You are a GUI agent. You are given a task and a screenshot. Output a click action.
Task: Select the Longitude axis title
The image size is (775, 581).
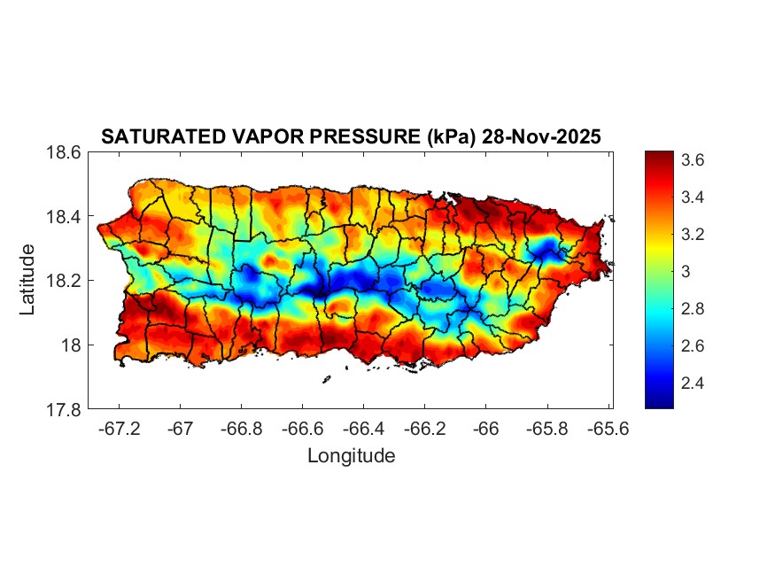[351, 456]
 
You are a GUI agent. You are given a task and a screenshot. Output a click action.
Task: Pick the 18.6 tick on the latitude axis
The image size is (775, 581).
[64, 152]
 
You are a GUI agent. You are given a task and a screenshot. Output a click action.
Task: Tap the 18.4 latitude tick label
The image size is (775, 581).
[64, 217]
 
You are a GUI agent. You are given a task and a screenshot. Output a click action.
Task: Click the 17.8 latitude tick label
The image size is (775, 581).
[64, 409]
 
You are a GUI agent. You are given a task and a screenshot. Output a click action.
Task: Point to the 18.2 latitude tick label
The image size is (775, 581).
[64, 281]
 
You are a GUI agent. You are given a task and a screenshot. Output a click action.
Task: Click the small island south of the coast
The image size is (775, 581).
[326, 379]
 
